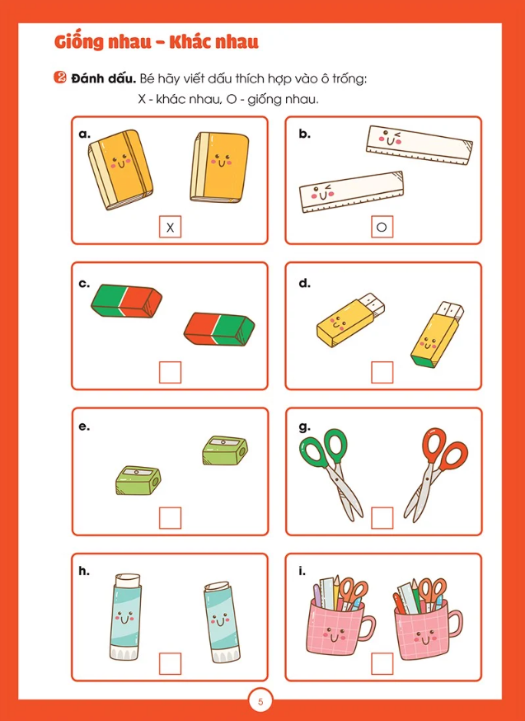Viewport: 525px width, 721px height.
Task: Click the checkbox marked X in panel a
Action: [x=170, y=227]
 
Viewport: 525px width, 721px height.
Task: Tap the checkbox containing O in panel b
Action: [x=382, y=227]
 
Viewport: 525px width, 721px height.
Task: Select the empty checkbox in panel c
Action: [x=170, y=372]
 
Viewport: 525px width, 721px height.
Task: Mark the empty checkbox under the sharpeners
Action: [x=170, y=518]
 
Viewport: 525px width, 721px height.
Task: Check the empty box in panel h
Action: [x=170, y=663]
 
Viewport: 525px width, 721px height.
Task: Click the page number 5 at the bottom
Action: [x=261, y=702]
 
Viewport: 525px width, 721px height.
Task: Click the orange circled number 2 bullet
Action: [x=60, y=78]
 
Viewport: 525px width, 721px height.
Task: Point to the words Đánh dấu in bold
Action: [x=104, y=78]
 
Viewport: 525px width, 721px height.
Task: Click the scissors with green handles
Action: [x=331, y=474]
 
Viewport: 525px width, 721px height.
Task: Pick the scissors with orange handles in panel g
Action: [x=434, y=474]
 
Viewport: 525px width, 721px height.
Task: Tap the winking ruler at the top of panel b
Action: [x=420, y=145]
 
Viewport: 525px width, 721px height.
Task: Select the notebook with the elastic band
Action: [x=120, y=169]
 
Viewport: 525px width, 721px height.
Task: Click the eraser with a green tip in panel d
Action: [x=436, y=334]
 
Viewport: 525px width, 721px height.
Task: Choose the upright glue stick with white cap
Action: [x=126, y=617]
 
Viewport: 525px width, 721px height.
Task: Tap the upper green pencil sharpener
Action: [x=225, y=450]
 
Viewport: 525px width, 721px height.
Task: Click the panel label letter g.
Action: [x=304, y=427]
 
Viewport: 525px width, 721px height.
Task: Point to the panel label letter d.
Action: [x=304, y=283]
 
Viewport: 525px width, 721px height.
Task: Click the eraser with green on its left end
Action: [x=127, y=301]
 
